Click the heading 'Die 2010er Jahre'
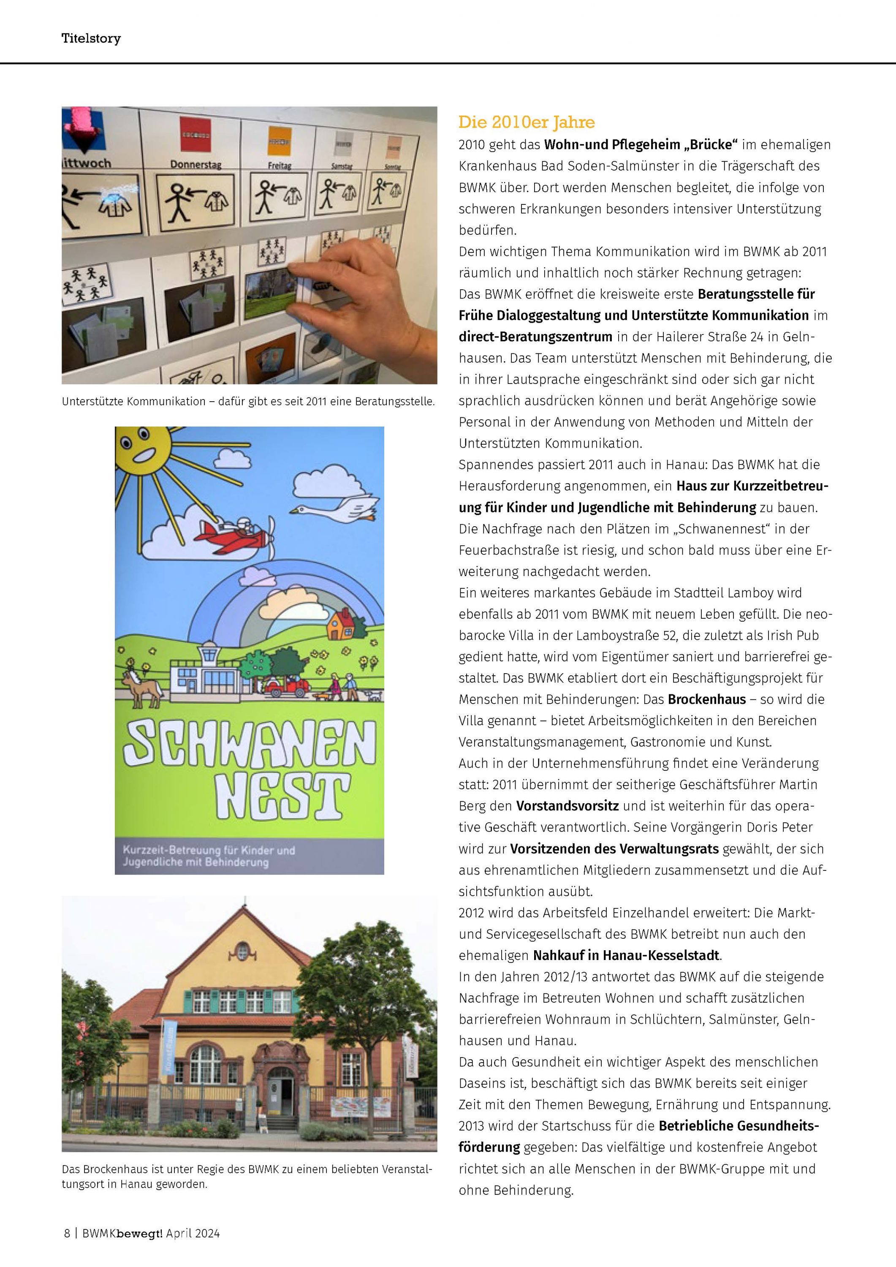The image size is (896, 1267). click(x=527, y=122)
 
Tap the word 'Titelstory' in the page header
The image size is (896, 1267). click(x=91, y=38)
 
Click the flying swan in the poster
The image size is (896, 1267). click(x=337, y=508)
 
